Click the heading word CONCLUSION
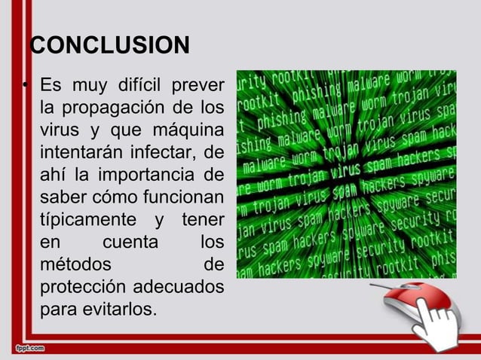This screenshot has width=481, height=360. point(109,46)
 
